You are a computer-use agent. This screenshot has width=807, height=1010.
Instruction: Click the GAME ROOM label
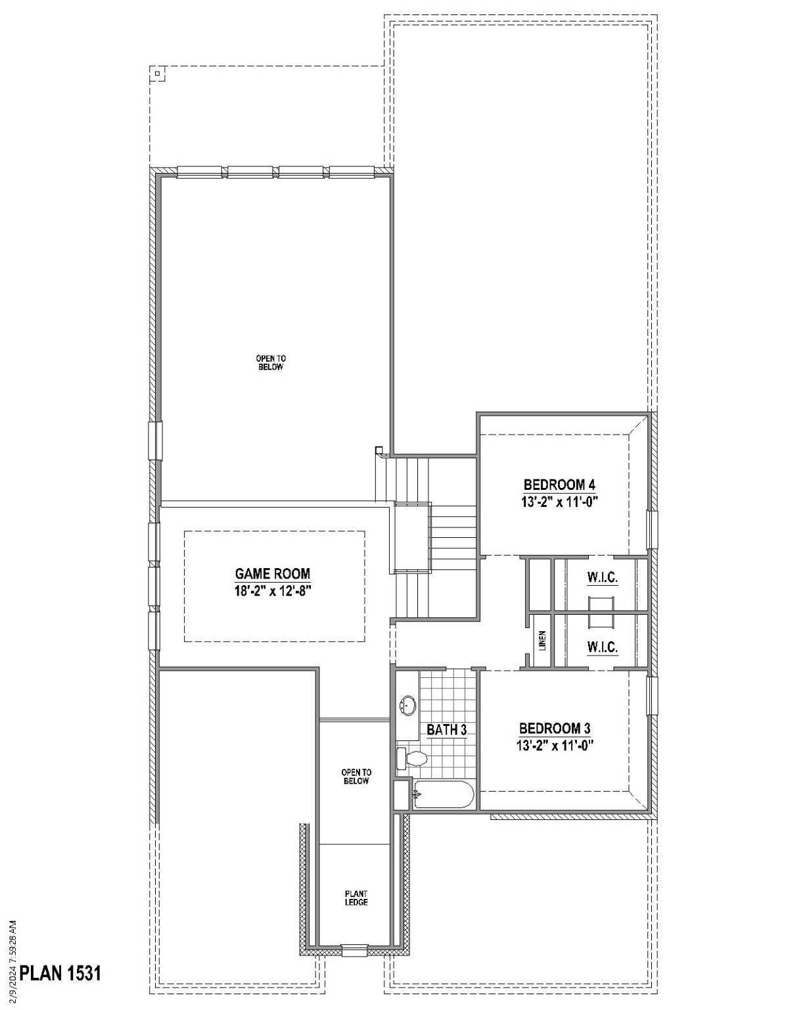coord(273,573)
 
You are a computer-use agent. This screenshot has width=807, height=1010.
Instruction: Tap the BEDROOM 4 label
coord(559,485)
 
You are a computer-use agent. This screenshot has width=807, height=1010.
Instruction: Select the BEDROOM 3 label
coord(555,729)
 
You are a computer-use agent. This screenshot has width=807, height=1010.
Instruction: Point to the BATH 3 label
coord(446,730)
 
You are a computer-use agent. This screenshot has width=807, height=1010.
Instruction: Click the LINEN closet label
coord(542,640)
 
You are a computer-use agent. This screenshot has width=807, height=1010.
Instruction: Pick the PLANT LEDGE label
coord(356,898)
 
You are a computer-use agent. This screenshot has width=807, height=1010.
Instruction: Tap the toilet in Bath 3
coord(413,758)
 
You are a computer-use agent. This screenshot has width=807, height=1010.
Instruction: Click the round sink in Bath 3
coord(408,706)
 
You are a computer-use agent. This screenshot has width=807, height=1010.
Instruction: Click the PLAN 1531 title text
coord(60,973)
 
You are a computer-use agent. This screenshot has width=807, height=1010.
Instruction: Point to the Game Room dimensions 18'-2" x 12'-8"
coord(272,590)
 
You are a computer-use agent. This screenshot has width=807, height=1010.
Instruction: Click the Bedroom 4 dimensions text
coord(559,501)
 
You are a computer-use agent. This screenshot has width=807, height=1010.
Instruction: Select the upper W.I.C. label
coord(602,578)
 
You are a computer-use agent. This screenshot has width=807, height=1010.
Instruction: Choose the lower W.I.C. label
coord(602,647)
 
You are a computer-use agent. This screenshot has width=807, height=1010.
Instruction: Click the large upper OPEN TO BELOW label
coord(271,362)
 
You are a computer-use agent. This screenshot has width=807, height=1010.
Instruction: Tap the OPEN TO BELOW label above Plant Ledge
coord(356,777)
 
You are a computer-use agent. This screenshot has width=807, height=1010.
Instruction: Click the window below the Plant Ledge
coord(354,950)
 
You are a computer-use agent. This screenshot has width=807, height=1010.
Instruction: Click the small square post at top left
coord(158,74)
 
